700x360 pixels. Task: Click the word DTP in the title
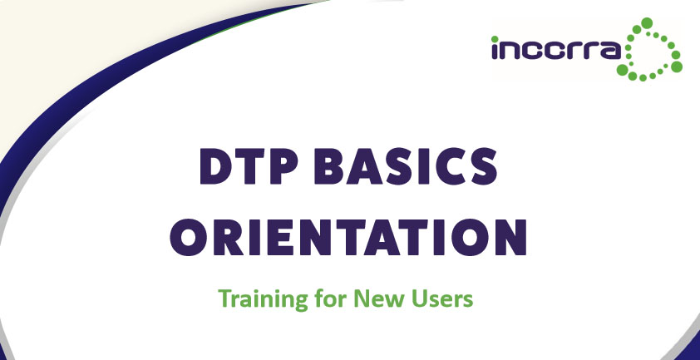pos(249,166)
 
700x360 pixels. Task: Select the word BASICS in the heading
pos(406,166)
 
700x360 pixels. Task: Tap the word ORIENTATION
pos(348,238)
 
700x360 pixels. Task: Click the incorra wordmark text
pos(556,49)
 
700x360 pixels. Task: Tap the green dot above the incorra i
pos(495,39)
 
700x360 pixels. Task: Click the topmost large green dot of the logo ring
pos(647,22)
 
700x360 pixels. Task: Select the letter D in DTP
pos(216,166)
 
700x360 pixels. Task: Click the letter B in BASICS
pos(329,166)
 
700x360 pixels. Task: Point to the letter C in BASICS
pos(449,166)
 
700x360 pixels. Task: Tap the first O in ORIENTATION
pos(189,238)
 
